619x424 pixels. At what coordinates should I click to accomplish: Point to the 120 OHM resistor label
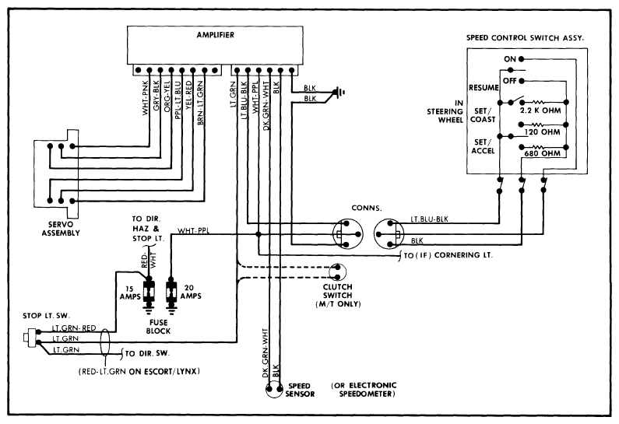(543, 133)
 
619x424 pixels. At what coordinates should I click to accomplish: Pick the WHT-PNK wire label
(146, 104)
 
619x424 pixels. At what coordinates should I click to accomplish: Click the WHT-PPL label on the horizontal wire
(195, 230)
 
